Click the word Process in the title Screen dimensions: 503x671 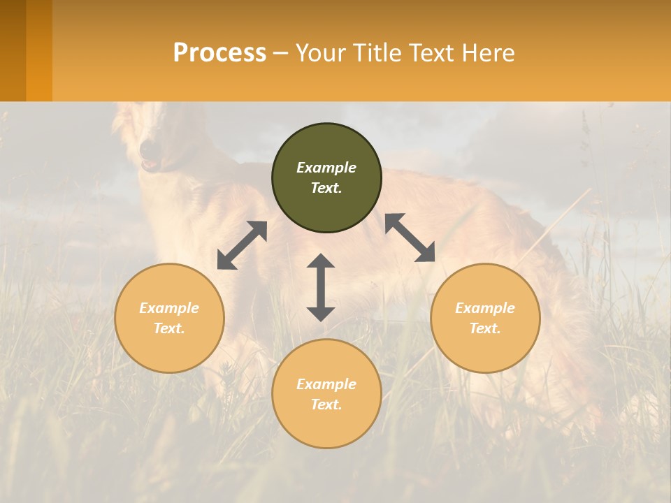point(219,53)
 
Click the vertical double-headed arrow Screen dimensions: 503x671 point(321,287)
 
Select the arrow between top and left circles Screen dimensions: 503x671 point(242,245)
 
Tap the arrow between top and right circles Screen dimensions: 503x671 point(410,238)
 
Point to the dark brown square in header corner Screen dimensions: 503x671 point(13,50)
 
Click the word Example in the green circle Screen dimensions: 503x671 point(326,168)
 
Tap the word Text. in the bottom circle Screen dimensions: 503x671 point(326,404)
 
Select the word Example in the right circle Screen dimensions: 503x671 point(485,308)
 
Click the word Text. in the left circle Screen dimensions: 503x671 point(169,328)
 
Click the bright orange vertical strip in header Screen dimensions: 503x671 point(39,50)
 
